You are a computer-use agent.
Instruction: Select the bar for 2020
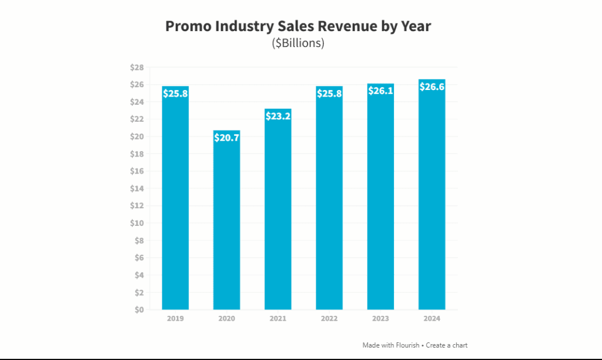click(226, 224)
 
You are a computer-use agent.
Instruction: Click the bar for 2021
click(277, 212)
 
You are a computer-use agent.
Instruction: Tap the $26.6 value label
click(432, 87)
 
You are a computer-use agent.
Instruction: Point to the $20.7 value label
click(226, 138)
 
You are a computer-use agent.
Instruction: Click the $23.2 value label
click(277, 116)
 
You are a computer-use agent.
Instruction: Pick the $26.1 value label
click(380, 91)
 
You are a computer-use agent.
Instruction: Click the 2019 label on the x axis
click(175, 318)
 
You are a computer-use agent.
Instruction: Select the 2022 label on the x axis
click(329, 318)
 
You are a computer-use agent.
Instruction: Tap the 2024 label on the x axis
click(432, 318)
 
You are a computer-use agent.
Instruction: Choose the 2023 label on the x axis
click(380, 318)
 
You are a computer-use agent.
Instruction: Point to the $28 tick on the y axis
click(137, 68)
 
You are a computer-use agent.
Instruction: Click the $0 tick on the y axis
click(139, 309)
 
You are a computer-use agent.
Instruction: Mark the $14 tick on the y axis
click(137, 189)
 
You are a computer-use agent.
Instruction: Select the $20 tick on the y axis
click(137, 136)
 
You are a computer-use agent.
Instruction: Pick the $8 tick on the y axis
click(139, 241)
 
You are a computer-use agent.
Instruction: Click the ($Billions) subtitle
click(298, 44)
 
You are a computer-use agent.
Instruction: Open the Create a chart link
click(447, 345)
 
